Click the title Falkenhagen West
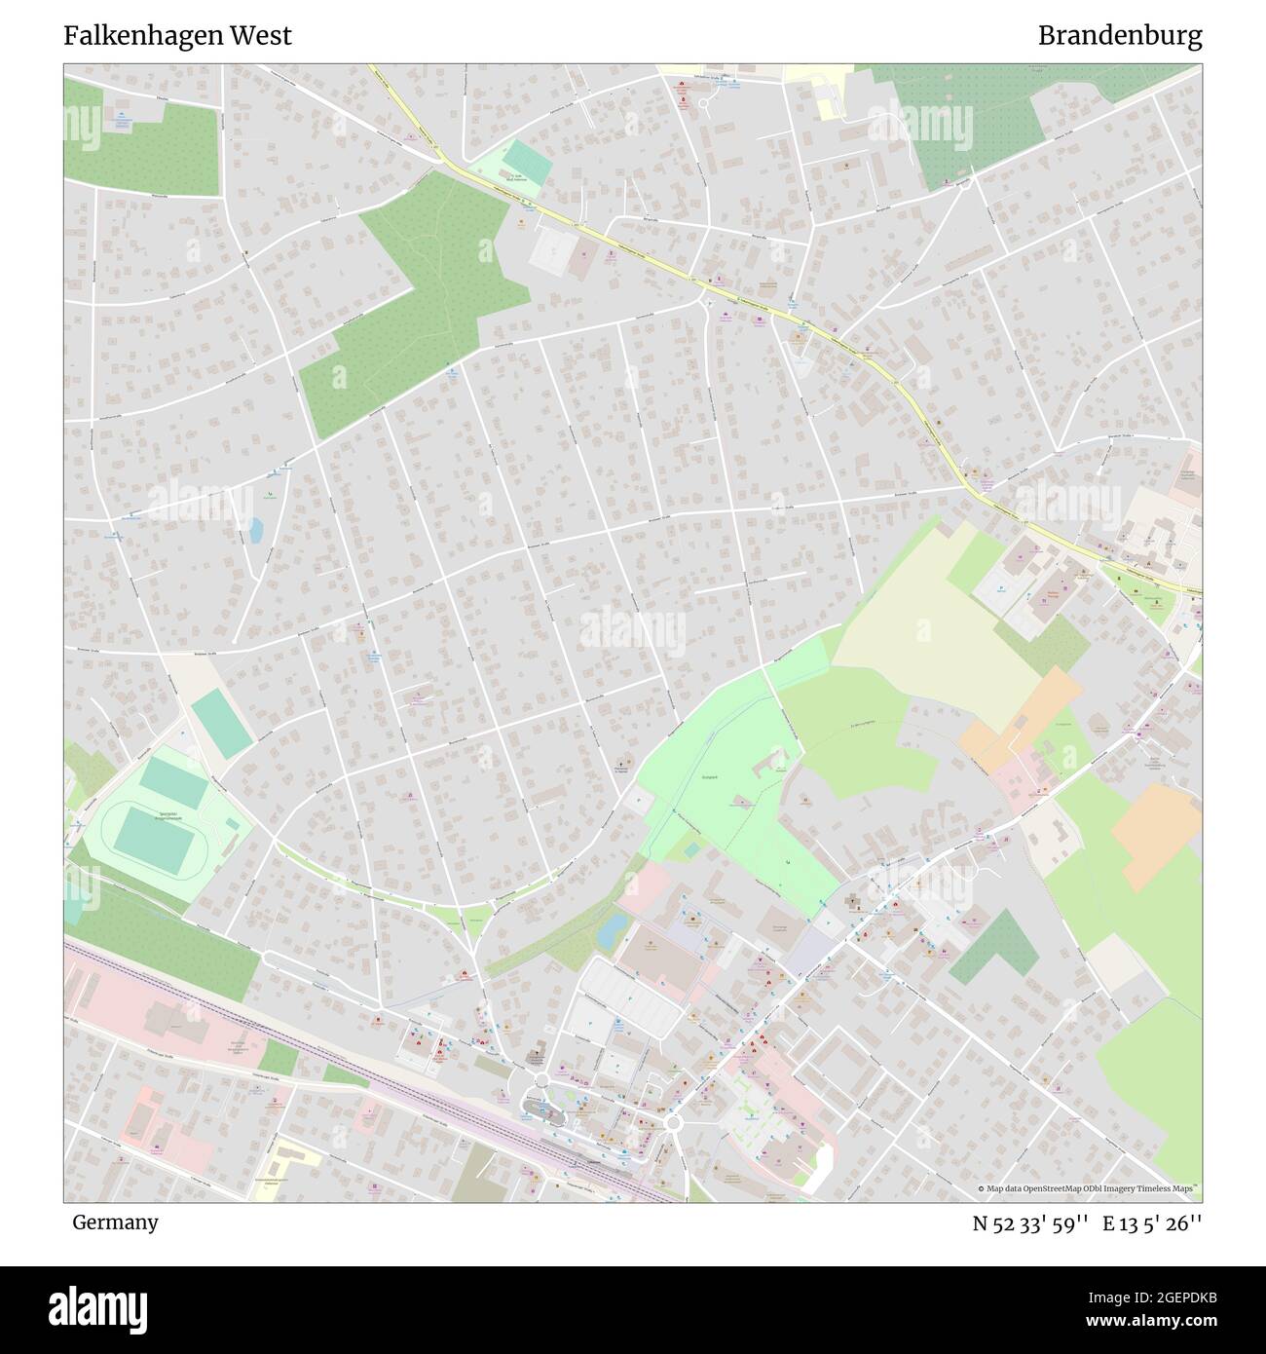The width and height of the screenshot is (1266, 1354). click(x=177, y=36)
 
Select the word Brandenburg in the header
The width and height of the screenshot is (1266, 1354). click(x=1119, y=36)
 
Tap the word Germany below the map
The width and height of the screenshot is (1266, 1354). click(x=115, y=1222)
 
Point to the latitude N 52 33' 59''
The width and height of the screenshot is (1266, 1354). click(x=1029, y=1223)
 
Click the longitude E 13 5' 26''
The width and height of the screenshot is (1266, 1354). click(x=1152, y=1223)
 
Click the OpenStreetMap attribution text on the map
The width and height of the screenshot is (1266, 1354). click(x=1088, y=1189)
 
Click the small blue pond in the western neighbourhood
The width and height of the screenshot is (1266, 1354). click(x=255, y=530)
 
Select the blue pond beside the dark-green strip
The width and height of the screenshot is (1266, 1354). click(x=613, y=931)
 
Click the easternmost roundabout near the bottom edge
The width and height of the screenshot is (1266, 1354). click(x=673, y=1123)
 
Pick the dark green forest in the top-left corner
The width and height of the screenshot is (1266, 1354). click(x=146, y=146)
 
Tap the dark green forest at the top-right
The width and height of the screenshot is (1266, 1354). click(x=974, y=117)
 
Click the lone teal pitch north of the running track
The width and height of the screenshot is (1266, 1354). click(x=222, y=724)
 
